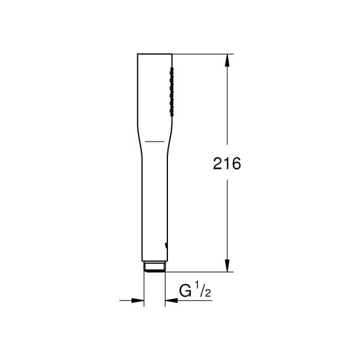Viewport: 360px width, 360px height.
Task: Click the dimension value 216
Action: point(227,164)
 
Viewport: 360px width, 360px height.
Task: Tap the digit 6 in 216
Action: point(236,164)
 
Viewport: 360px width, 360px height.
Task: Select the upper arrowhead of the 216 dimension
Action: point(227,61)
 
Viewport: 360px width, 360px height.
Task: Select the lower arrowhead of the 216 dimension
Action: point(227,266)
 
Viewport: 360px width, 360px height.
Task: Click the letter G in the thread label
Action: point(186,293)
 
